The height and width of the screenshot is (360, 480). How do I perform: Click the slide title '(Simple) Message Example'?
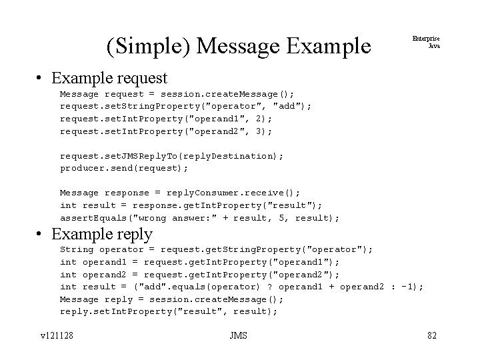point(238,46)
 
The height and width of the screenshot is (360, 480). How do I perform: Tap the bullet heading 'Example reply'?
point(102,234)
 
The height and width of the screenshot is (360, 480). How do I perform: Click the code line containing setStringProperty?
point(186,106)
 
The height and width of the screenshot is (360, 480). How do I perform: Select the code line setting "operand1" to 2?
point(166,119)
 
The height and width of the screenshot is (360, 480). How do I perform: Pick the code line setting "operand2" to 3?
point(166,131)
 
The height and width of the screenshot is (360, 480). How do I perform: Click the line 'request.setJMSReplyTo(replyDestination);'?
point(172,156)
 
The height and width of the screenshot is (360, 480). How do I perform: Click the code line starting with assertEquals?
point(200,218)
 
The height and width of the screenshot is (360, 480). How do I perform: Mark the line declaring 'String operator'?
point(217,249)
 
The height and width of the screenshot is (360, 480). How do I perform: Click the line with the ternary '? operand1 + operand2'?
point(242,287)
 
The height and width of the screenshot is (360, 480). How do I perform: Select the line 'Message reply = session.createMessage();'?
point(180,299)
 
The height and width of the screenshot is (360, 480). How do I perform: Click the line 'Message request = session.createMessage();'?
point(177,94)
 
